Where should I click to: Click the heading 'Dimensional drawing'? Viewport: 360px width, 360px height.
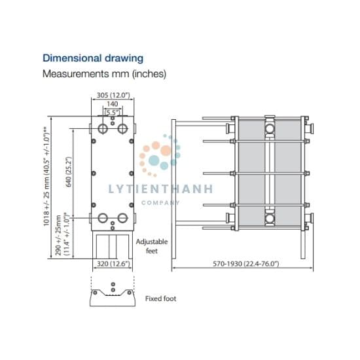pos(93,58)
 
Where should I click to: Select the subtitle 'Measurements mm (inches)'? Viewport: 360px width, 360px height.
pos(104,74)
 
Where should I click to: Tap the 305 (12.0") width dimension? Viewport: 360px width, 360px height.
pos(113,95)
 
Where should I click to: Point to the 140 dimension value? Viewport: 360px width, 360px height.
pos(113,104)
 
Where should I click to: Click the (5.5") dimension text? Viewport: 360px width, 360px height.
pos(113,113)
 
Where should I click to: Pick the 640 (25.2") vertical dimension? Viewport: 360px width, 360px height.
pos(69,171)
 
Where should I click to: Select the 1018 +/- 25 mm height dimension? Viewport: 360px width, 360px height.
pos(46,176)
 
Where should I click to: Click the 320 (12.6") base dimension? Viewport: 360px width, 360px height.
pos(113,264)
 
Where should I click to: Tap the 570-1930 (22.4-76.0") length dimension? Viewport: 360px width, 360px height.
pos(246,264)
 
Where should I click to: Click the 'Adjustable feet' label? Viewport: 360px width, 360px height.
pos(152,246)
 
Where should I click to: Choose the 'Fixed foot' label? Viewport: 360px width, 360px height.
pos(161,298)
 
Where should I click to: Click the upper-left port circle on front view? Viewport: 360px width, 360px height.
pos(103,128)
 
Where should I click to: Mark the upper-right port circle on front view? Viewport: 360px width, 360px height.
pos(122,128)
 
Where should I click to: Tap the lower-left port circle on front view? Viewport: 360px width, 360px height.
pos(103,218)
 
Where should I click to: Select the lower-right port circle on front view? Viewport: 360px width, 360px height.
pos(122,218)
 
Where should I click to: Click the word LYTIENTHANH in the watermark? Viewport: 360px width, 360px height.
pos(160,189)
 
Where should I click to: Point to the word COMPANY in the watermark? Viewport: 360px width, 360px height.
pos(160,203)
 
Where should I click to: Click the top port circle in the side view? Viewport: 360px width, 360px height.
pos(269,128)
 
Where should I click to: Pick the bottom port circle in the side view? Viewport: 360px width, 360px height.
pos(269,219)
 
